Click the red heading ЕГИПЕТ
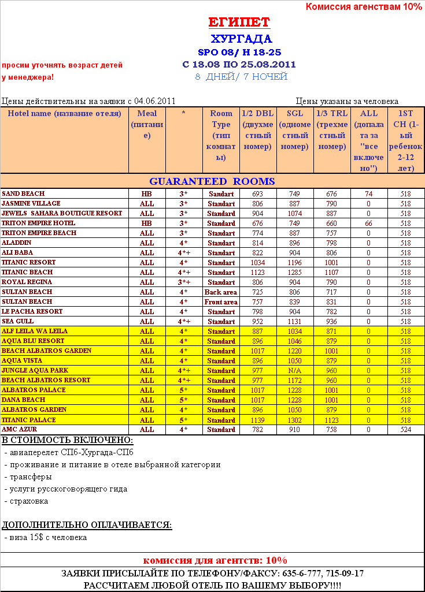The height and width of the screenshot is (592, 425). click(239, 23)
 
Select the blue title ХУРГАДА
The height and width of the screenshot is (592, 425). click(241, 39)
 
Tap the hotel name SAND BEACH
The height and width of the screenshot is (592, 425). click(23, 193)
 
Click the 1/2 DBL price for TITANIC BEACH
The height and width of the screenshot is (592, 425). click(257, 273)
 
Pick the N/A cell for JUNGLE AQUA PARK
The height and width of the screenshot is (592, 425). click(294, 371)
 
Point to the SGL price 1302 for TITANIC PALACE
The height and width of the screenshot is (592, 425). click(294, 420)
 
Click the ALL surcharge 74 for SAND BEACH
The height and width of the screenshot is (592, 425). click(368, 194)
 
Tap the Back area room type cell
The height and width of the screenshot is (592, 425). click(221, 292)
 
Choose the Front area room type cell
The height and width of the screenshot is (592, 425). click(221, 302)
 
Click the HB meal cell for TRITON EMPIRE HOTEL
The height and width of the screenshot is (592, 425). click(147, 224)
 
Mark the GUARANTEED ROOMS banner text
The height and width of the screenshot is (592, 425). click(212, 181)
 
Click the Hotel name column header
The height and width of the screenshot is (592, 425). click(64, 113)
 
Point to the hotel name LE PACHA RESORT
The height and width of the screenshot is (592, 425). click(32, 311)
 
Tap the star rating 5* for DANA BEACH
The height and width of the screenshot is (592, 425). click(183, 400)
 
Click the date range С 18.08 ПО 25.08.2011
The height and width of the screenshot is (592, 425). click(239, 64)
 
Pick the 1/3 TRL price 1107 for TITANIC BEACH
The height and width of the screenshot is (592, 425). click(331, 273)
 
